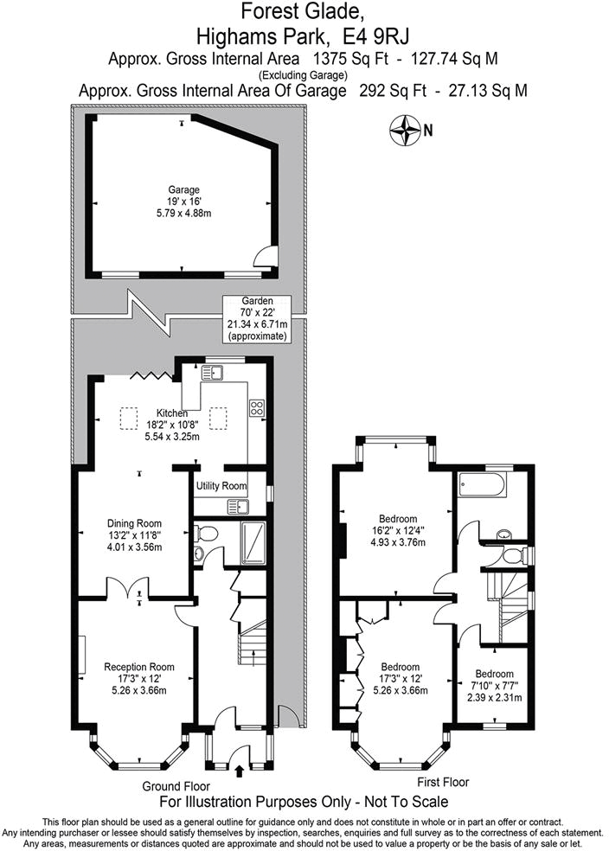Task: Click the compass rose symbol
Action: coord(405,131)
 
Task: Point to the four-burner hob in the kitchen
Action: coord(257,408)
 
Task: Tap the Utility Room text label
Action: coord(222,487)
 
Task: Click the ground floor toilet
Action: coord(199,554)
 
